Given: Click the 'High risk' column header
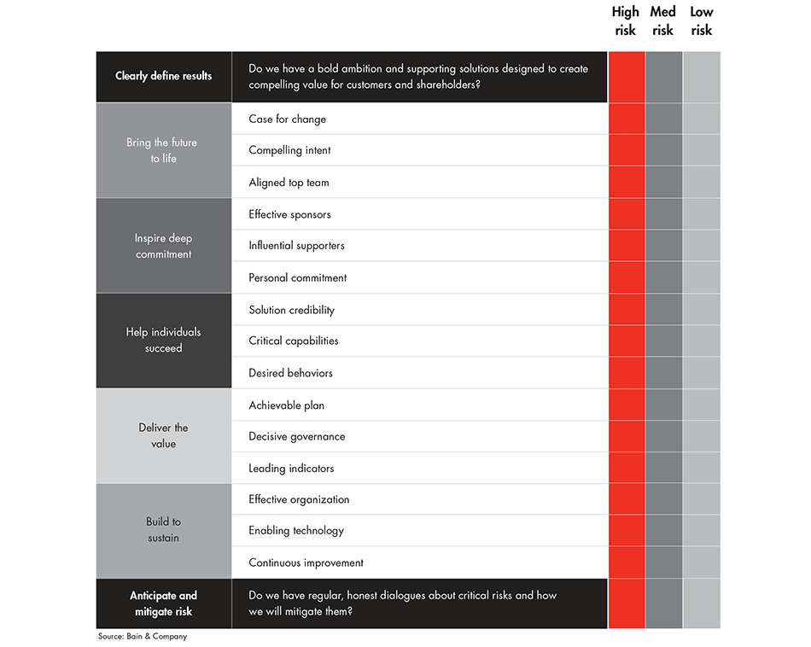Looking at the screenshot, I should coord(625,21).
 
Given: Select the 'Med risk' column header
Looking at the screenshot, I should coord(662,21).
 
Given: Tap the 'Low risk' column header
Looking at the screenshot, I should coord(701,21).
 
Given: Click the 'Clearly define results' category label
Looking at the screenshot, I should coord(163,76).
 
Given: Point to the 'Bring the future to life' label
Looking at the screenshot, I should coord(162,150).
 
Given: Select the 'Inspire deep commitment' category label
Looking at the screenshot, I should coord(163,246).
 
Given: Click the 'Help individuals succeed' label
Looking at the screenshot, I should coord(163,340).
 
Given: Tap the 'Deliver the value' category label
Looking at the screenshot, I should coord(163,435).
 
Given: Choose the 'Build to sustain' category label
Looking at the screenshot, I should coord(163,529).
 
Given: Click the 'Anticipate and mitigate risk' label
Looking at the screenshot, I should coord(163,603).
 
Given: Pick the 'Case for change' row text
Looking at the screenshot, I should coord(287,119).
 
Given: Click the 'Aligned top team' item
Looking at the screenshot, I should coord(289,183).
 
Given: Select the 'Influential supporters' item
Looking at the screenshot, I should coord(296,246).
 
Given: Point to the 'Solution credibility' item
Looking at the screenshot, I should coord(291,310).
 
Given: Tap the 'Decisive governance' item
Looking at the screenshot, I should coord(297,436).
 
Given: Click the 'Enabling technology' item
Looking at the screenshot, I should coord(296,530).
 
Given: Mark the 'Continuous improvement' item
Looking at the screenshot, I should coord(306,562).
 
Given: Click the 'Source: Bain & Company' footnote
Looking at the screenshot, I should coord(142,637).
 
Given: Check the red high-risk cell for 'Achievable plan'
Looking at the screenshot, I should coord(627,405).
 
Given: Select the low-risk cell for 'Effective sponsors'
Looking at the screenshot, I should coord(701,214).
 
